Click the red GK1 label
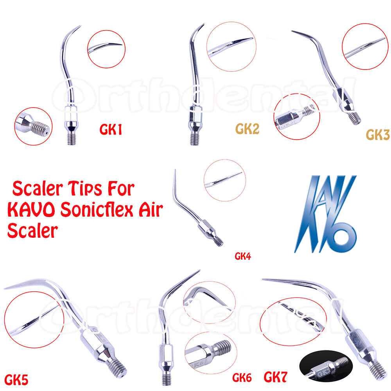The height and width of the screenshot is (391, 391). point(111,130)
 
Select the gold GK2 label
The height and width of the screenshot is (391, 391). point(248,129)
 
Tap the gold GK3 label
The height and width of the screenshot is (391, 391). point(378,134)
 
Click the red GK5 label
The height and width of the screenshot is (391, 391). point(16,378)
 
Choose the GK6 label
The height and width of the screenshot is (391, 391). point(242,378)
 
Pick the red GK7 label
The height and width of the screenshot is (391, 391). point(275,377)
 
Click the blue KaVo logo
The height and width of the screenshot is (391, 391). point(325,213)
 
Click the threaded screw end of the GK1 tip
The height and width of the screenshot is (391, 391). point(71,138)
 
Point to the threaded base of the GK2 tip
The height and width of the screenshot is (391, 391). point(193,139)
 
